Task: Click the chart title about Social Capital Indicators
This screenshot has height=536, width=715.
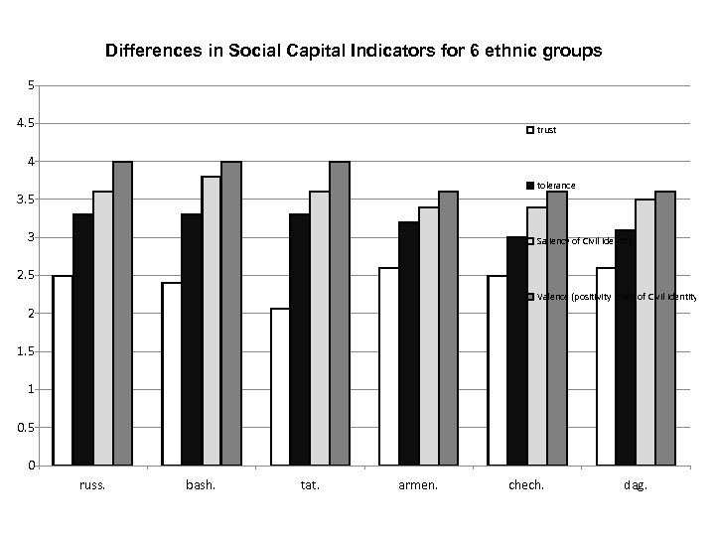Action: click(x=354, y=50)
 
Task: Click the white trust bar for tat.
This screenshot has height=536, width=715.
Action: click(x=280, y=387)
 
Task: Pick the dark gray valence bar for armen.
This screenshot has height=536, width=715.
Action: click(x=448, y=328)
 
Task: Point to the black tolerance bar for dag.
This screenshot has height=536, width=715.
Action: click(x=626, y=347)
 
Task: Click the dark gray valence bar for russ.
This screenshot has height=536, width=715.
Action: click(x=122, y=313)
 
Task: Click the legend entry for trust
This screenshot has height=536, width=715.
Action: click(x=545, y=130)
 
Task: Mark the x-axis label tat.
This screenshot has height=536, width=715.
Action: click(x=310, y=486)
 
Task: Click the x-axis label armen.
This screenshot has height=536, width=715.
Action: click(x=418, y=486)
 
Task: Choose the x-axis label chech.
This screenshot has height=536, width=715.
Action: click(x=526, y=486)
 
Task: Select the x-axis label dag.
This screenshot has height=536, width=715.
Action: click(x=636, y=486)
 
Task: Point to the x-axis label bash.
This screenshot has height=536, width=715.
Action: click(x=202, y=486)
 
